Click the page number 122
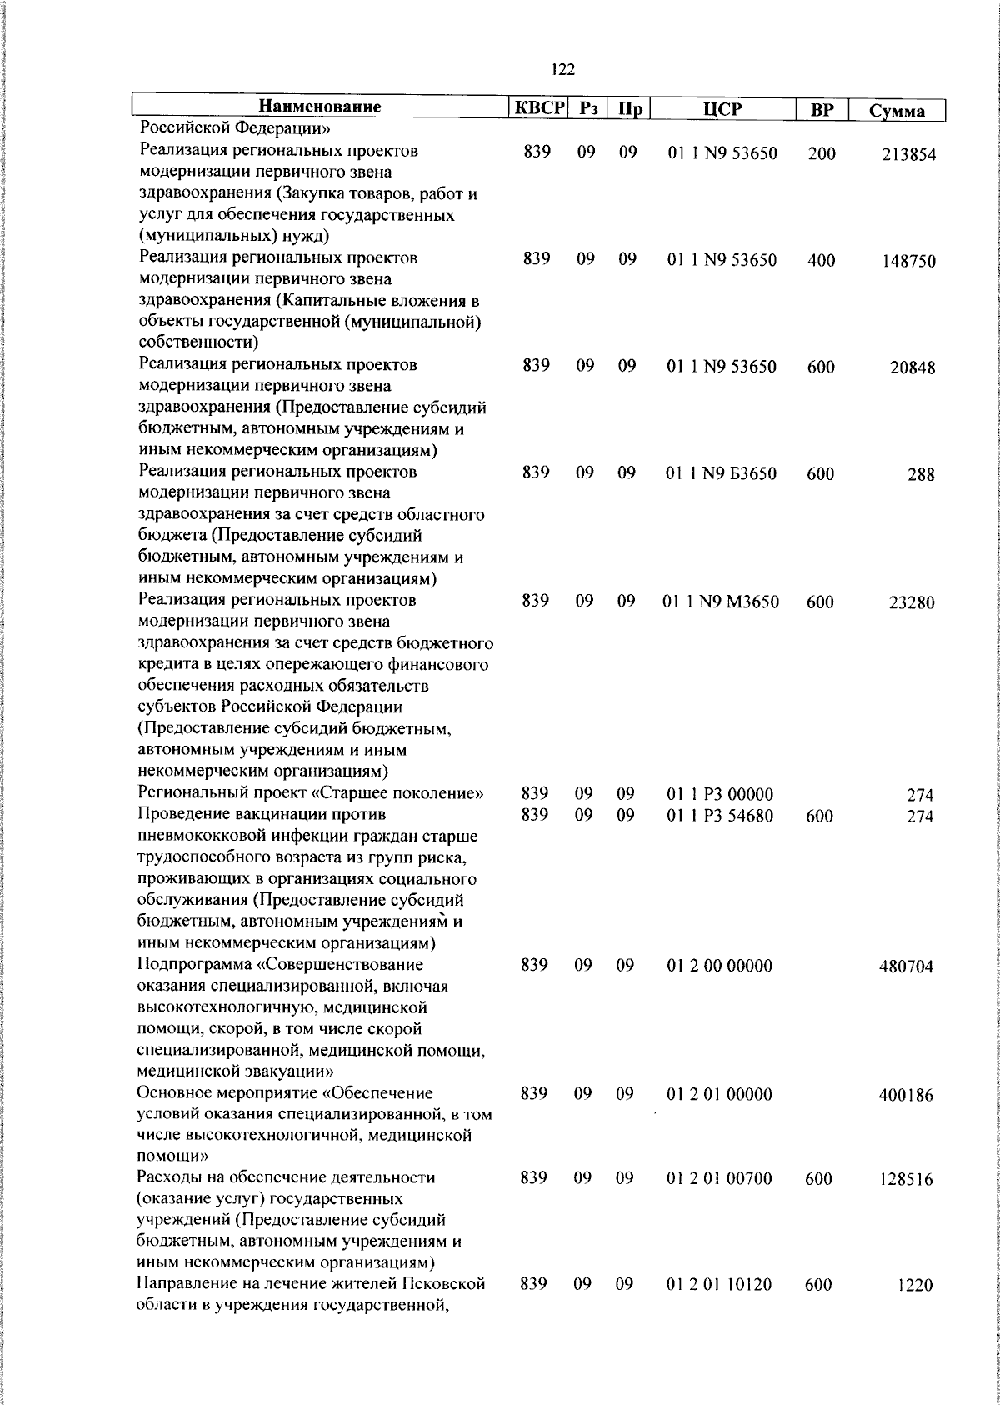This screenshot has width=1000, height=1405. coord(563,71)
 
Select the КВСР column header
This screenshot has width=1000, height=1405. coord(539,108)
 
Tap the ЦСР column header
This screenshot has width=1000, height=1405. coord(722,109)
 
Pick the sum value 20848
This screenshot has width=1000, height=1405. coord(912,368)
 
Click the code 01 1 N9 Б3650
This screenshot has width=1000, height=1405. coord(722,474)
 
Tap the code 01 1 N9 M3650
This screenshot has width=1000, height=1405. coord(721,602)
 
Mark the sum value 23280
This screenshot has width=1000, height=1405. coord(912,603)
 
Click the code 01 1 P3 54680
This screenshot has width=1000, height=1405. coord(720,816)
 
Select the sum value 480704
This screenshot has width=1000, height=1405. coord(906,967)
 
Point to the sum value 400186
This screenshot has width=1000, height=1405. coord(906,1096)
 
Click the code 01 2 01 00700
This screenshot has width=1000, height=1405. coord(720,1178)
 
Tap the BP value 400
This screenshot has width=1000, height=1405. coord(821,260)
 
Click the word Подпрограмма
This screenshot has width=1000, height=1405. coord(195,966)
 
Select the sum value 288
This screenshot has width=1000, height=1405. coord(922,475)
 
